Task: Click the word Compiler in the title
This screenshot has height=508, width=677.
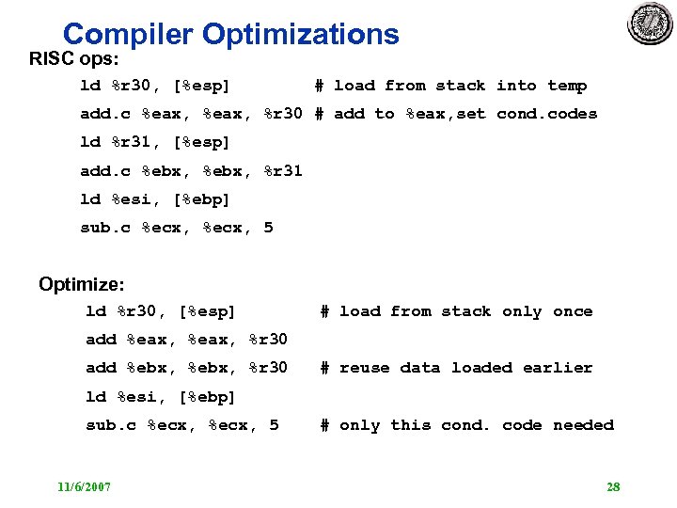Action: point(128,35)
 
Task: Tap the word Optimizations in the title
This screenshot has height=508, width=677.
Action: point(301,35)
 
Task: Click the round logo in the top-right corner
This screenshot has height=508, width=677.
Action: point(651,24)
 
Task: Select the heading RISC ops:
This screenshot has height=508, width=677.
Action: point(73,59)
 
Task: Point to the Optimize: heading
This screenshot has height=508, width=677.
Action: point(82,284)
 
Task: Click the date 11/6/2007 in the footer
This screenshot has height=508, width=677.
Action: point(84,486)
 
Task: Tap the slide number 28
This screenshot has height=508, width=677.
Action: point(613,486)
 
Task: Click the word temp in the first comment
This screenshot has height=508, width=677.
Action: point(567,86)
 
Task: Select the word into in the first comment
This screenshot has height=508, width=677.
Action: point(516,86)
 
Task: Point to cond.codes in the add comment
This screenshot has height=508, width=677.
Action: point(546,114)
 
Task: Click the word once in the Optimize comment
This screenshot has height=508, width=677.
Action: point(573,311)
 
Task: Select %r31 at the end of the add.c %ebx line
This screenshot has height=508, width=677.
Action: point(282,171)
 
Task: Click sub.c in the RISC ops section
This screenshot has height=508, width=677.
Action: point(105,228)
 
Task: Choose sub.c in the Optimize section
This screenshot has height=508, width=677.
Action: point(111,425)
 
